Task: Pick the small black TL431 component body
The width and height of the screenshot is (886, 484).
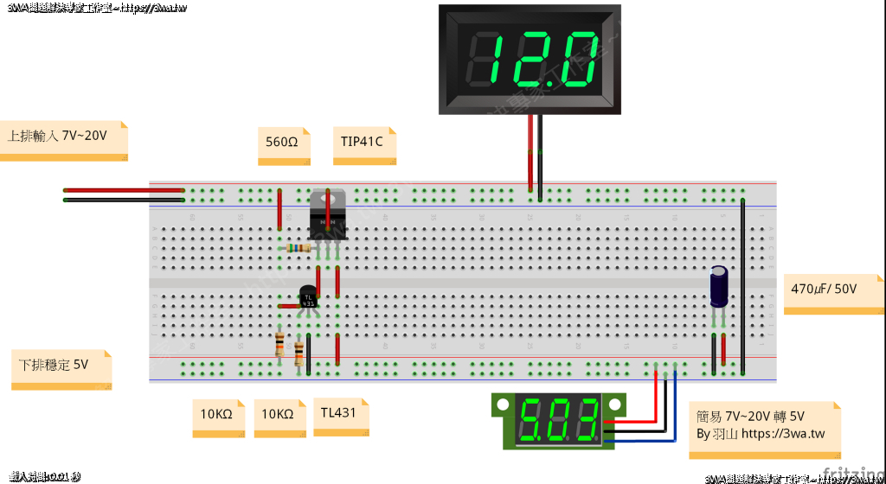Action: click(x=308, y=297)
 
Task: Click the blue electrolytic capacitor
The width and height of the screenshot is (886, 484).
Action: click(x=719, y=286)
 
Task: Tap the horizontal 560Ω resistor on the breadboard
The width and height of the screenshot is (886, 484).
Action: click(x=299, y=248)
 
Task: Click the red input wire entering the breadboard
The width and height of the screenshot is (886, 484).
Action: click(x=121, y=190)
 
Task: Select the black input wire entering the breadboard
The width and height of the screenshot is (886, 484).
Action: click(x=121, y=200)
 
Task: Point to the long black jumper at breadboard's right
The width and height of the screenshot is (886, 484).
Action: click(x=742, y=285)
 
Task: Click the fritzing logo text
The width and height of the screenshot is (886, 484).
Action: click(x=852, y=474)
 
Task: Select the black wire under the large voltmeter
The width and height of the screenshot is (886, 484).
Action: click(x=539, y=156)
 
